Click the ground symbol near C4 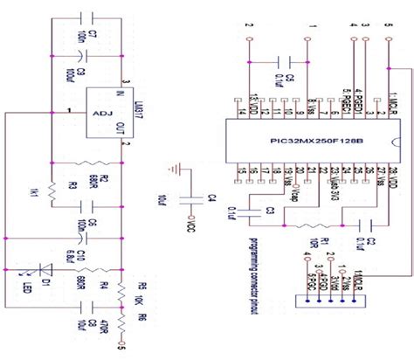pos(176,170)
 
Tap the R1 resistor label pos(323,242)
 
